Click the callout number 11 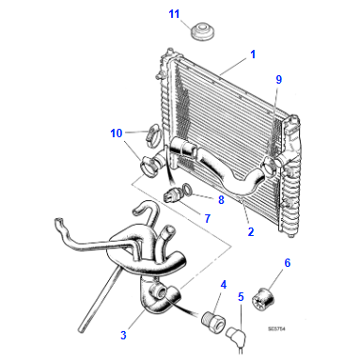173,13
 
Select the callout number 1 253,55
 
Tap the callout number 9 278,80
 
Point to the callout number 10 116,133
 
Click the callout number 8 221,199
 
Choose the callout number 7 208,218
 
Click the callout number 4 223,284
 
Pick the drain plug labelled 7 170,195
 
